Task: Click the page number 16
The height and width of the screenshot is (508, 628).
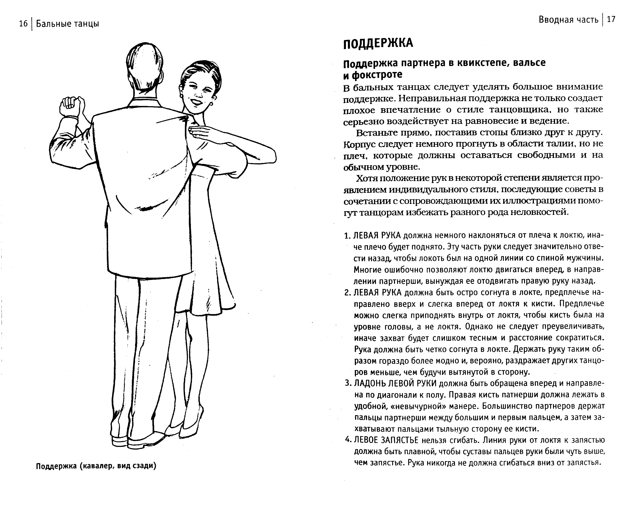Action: [x=23, y=23]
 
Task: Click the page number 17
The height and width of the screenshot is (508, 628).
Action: [x=611, y=20]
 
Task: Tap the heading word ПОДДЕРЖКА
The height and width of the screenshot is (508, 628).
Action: [x=378, y=43]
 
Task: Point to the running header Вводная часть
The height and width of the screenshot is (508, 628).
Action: [x=569, y=20]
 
